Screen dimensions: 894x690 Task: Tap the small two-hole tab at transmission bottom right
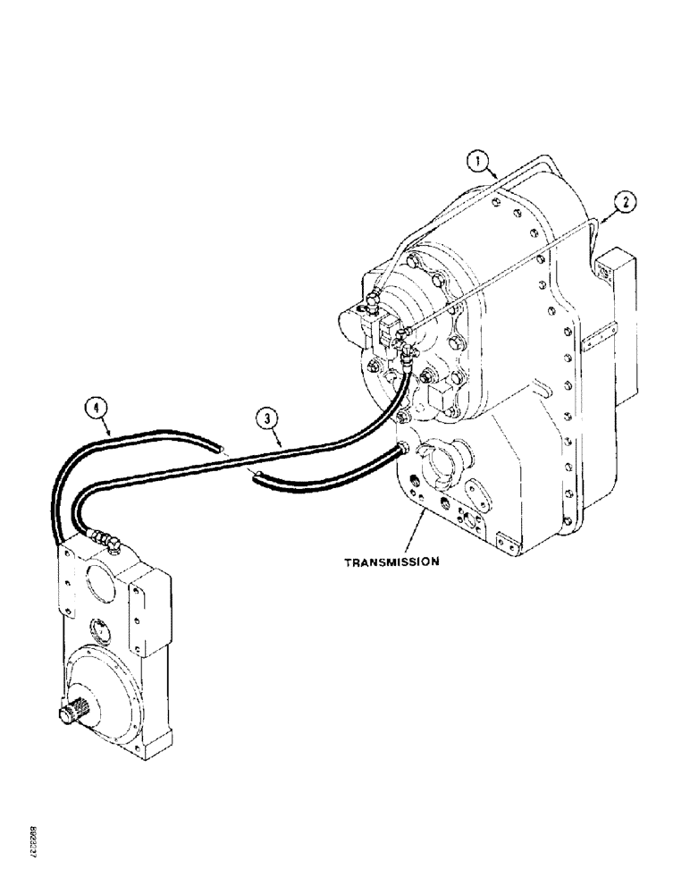[x=508, y=542]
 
